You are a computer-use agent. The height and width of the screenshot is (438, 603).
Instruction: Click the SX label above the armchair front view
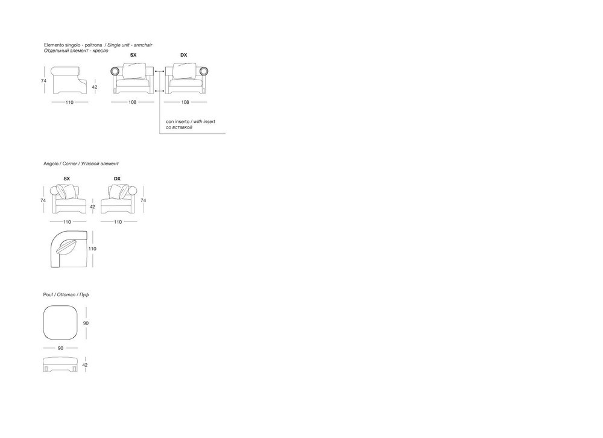pos(133,55)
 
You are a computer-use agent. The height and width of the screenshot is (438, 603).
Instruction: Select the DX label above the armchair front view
pos(184,55)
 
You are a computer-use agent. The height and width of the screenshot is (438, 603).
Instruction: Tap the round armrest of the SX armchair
pos(115,71)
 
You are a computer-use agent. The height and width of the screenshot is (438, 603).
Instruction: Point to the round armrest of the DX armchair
pos(204,71)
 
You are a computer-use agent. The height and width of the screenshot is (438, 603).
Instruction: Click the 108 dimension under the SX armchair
pos(132,103)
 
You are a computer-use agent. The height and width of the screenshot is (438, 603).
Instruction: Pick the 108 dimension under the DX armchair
pos(185,103)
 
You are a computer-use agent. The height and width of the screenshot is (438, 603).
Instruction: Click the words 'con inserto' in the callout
pos(177,122)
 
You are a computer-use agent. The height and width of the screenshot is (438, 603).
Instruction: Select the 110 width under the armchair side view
pos(69,103)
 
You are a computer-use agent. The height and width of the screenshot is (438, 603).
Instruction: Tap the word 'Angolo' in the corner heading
pos(51,163)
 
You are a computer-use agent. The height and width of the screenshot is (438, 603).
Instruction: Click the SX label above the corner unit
pos(66,179)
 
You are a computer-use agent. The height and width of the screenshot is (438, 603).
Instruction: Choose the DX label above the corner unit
pos(118,179)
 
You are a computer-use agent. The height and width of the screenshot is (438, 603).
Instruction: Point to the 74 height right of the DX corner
pos(144,200)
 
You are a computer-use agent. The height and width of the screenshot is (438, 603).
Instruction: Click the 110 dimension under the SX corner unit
pos(67,222)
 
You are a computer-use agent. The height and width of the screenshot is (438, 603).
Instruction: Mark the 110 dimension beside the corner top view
pos(92,249)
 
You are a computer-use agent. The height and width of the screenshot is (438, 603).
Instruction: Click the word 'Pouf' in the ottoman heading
pos(48,295)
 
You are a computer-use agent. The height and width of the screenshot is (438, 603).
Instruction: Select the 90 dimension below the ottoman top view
pos(60,348)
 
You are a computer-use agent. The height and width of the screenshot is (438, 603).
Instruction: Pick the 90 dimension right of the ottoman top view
pos(86,323)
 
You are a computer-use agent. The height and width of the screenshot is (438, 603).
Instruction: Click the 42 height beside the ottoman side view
pos(85,365)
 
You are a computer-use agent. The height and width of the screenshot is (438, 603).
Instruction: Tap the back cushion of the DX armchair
pos(184,71)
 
